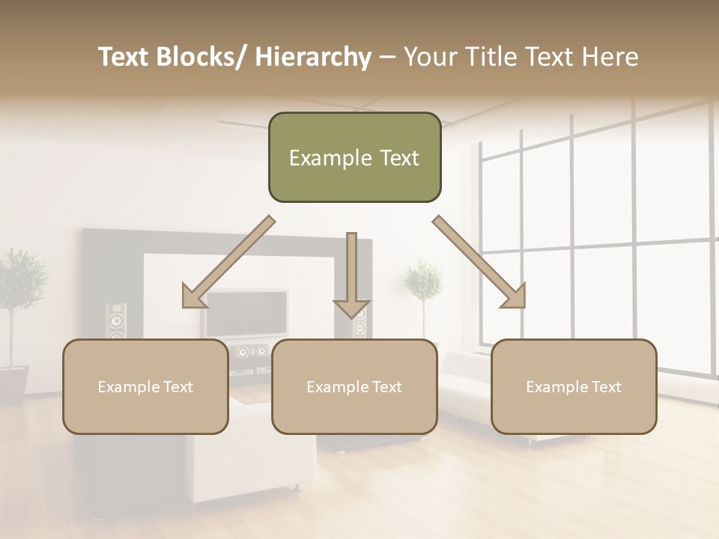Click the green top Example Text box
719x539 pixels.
pyautogui.click(x=354, y=157)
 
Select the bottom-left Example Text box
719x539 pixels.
pyautogui.click(x=145, y=386)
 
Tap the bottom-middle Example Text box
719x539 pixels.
pyautogui.click(x=354, y=386)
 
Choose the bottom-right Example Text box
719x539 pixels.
pyautogui.click(x=574, y=386)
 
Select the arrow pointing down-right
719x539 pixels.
pyautogui.click(x=479, y=262)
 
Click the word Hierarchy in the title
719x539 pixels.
pyautogui.click(x=313, y=57)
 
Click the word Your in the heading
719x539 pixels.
pyautogui.click(x=428, y=57)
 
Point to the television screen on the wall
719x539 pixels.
pyautogui.click(x=247, y=313)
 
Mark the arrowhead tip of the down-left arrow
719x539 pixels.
pyautogui.click(x=184, y=306)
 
